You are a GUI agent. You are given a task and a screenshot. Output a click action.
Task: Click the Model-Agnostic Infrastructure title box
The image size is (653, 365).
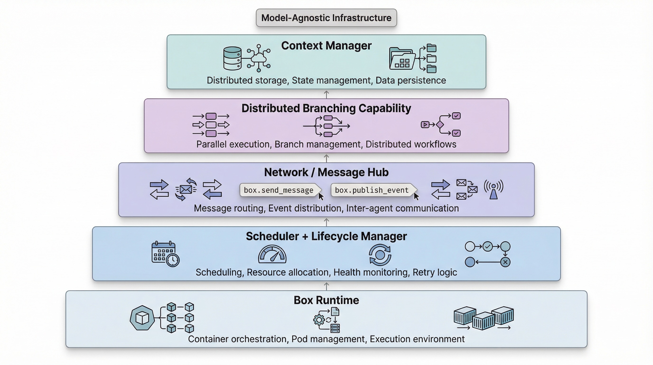click(x=326, y=18)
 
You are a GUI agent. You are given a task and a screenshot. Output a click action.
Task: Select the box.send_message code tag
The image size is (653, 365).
click(x=279, y=190)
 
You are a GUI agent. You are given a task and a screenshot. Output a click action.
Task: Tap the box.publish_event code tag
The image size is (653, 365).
click(x=372, y=190)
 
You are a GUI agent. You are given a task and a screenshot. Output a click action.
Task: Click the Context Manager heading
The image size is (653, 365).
click(x=326, y=46)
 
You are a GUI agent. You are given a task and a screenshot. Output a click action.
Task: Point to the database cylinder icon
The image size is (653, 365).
click(x=232, y=58)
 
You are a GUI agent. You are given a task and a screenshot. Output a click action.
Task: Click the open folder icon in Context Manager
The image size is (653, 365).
click(x=402, y=59)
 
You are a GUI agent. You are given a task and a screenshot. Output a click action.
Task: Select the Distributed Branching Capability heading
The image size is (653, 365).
click(x=326, y=108)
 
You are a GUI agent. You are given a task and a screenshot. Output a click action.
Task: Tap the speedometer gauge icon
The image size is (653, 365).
click(x=272, y=254)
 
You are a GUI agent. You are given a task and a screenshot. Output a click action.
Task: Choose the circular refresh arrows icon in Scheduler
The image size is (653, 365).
click(x=380, y=255)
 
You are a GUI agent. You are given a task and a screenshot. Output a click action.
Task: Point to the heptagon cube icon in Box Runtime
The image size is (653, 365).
click(x=142, y=318)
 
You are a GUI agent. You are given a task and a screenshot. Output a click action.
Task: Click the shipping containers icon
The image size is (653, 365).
click(x=483, y=318)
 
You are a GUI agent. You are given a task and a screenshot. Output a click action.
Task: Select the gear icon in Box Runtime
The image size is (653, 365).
click(x=319, y=320)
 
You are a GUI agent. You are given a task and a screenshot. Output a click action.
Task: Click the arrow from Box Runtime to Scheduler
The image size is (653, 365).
click(x=326, y=286)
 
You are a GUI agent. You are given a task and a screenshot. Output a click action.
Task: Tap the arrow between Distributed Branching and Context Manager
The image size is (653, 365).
click(x=326, y=94)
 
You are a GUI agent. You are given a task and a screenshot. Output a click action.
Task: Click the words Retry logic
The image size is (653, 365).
click(x=435, y=272)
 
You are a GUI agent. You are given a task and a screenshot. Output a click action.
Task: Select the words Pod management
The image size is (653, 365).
click(x=328, y=339)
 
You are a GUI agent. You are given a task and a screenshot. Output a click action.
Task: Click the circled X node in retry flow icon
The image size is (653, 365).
click(x=505, y=262)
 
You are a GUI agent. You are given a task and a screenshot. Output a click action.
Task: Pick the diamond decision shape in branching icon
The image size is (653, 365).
click(x=440, y=125)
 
